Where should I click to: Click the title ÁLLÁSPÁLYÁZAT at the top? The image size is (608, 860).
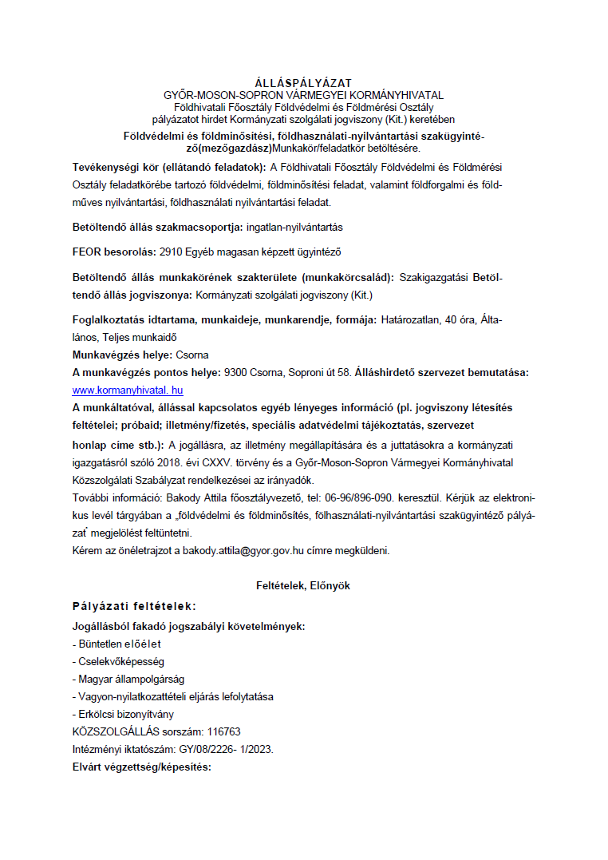(303, 83)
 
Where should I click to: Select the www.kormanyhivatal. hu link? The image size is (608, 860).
(128, 390)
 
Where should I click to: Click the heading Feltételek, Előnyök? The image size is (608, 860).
(303, 585)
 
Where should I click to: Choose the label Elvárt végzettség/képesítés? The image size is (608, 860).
(141, 767)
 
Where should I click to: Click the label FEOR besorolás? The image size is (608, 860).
(114, 252)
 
